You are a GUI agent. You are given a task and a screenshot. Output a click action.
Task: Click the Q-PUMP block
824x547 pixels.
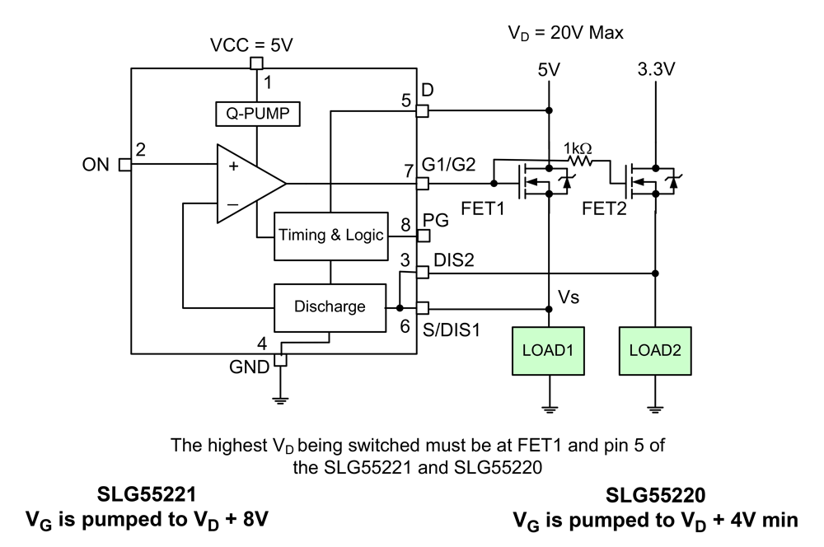pyautogui.click(x=257, y=114)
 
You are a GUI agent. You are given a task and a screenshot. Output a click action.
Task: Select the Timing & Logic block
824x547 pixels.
pyautogui.click(x=330, y=235)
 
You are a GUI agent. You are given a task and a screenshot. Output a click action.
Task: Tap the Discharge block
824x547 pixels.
pyautogui.click(x=330, y=307)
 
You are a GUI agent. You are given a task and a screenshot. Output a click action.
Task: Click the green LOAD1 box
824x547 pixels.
pyautogui.click(x=548, y=350)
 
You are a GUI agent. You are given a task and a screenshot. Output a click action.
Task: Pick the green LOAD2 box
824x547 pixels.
pyautogui.click(x=655, y=350)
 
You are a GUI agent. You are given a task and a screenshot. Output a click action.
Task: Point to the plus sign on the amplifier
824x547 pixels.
pyautogui.click(x=233, y=166)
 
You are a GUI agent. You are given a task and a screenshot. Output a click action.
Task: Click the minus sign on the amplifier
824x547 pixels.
pyautogui.click(x=233, y=203)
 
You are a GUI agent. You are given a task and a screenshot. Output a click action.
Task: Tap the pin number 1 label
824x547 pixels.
pyautogui.click(x=267, y=82)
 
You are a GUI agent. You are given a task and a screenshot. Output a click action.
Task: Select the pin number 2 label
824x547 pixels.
pyautogui.click(x=141, y=149)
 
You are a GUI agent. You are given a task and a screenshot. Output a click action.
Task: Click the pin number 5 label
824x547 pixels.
pyautogui.click(x=406, y=101)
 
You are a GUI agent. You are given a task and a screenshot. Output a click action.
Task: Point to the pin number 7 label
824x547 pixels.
pyautogui.click(x=408, y=171)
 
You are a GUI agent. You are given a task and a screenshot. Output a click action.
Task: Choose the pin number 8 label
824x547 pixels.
pyautogui.click(x=405, y=225)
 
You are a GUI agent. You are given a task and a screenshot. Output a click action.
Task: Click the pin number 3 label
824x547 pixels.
pyautogui.click(x=405, y=260)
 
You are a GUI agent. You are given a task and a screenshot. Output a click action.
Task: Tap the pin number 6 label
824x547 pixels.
pyautogui.click(x=405, y=325)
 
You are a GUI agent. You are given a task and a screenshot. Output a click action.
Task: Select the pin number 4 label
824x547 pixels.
pyautogui.click(x=262, y=344)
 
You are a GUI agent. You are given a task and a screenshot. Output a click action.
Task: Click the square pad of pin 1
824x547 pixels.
pyautogui.click(x=257, y=63)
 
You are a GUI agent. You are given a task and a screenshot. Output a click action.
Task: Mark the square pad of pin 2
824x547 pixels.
pyautogui.click(x=125, y=165)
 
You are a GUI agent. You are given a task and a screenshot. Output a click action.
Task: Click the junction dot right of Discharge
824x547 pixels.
pyautogui.click(x=400, y=308)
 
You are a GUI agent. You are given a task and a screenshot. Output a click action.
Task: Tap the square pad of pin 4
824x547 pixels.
pyautogui.click(x=280, y=360)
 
